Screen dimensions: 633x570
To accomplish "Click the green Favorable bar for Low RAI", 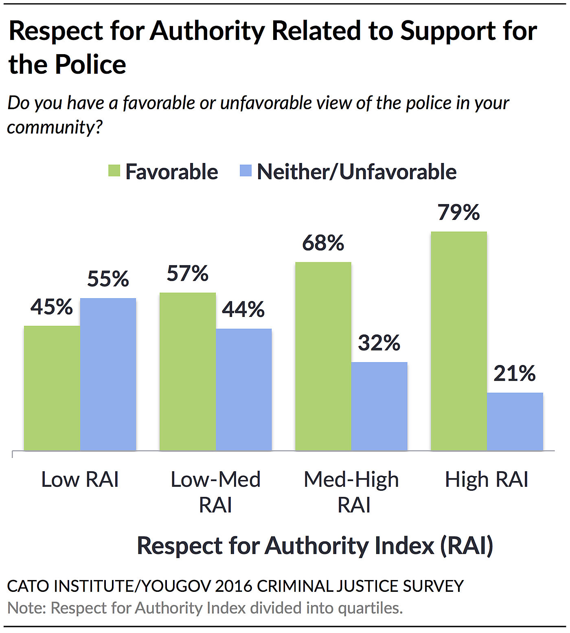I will [52, 388].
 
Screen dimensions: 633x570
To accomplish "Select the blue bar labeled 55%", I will [108, 374].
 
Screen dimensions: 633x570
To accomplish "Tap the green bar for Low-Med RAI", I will [188, 371].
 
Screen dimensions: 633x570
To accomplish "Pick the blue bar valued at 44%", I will [243, 389].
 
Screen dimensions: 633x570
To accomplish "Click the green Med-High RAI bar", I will [323, 356].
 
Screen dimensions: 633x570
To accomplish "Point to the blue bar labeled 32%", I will [379, 406].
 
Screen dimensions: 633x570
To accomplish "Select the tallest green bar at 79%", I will [459, 341].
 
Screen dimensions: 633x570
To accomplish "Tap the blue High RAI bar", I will [515, 421].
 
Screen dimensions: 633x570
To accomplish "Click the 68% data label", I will [323, 243].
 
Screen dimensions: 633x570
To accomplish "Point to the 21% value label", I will [515, 374].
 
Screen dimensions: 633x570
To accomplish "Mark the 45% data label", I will [52, 307].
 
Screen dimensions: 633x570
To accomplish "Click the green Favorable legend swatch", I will [114, 171].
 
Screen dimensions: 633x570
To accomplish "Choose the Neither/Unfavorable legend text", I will [357, 172].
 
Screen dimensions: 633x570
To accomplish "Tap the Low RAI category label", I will [80, 479].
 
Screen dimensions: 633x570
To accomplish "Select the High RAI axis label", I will [487, 479].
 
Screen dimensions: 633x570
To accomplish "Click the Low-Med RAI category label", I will [215, 492].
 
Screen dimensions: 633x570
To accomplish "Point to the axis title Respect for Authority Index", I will [315, 545].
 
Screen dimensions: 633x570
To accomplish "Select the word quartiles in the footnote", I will [370, 608].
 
